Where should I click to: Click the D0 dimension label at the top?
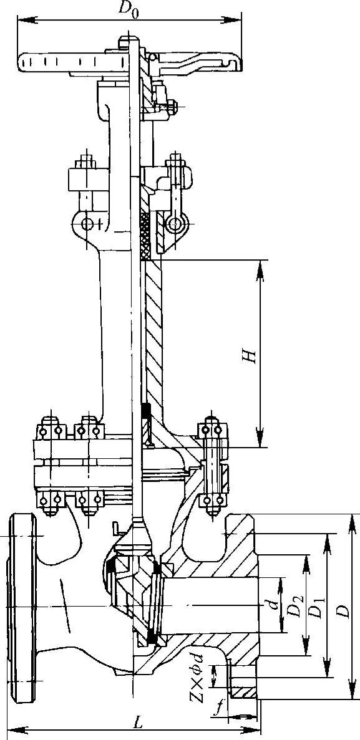click(129, 9)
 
